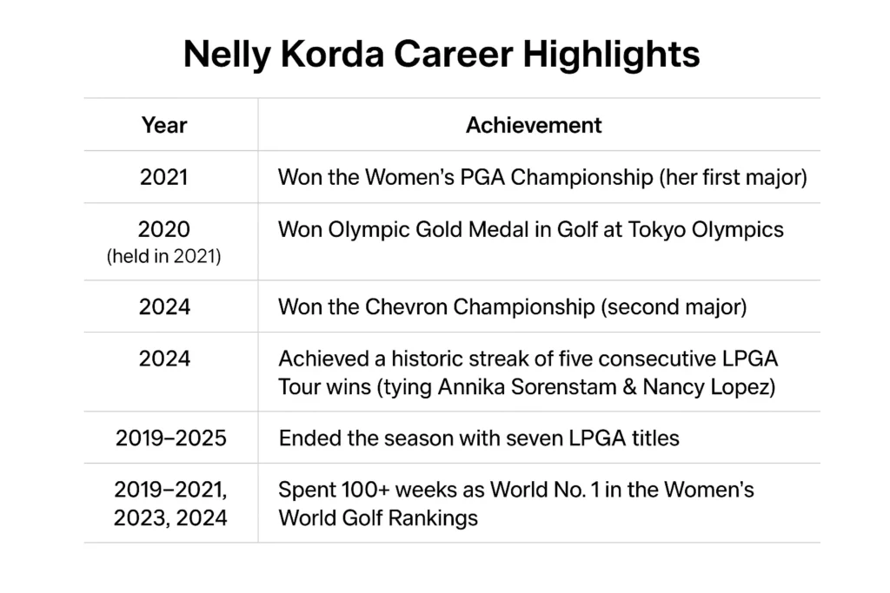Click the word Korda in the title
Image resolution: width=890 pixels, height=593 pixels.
click(332, 55)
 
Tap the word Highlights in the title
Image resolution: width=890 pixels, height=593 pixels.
click(611, 55)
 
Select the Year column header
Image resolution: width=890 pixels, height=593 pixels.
click(164, 125)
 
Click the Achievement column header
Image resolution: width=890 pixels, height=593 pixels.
click(534, 125)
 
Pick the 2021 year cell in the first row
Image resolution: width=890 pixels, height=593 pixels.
click(164, 177)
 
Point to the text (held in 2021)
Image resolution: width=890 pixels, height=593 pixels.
click(164, 256)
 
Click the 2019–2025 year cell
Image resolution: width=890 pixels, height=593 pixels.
click(171, 438)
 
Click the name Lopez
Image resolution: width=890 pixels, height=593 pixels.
click(745, 387)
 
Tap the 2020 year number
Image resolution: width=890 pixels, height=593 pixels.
click(164, 229)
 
